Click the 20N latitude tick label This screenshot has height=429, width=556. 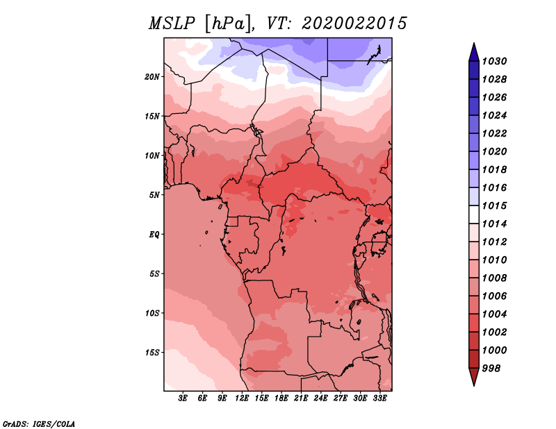pos(152,77)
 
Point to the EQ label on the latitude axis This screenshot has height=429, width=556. pos(154,235)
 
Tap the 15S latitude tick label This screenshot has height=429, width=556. pos(152,353)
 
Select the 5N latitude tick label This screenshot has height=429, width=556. pos(154,195)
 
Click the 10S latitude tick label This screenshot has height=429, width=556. pos(152,313)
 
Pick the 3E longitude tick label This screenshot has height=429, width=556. pos(183,398)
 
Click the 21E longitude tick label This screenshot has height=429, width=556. pos(301,398)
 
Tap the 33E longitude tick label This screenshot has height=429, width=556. pos(379,398)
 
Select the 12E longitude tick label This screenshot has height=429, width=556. pos(242,398)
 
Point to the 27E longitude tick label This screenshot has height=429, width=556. pos(341,398)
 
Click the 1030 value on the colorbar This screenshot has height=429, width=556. pos(494,61)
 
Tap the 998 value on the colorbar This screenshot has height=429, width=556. pos(491,369)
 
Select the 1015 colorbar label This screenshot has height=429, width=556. pos(494,205)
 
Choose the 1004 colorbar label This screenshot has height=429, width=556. pos(494,314)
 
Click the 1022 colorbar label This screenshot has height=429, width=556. pos(494,133)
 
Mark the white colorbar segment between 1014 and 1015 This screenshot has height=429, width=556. pos(474,214)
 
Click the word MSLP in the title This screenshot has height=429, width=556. pos(172,24)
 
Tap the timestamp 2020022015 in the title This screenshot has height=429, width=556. pos(354,24)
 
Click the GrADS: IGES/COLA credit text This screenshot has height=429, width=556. pos(39,424)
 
